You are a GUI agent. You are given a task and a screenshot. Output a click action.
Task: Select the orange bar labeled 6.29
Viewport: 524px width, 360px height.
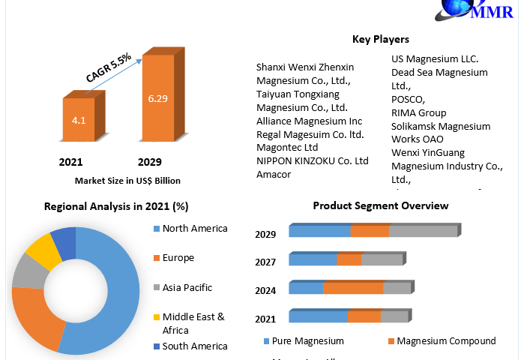tap(159, 99)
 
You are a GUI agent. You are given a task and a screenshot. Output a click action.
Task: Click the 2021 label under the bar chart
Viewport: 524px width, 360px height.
tap(70, 162)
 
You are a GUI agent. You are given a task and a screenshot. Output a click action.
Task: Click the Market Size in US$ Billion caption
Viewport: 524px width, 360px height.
tap(127, 181)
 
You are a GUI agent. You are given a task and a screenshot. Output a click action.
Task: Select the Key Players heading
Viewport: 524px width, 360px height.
tap(381, 39)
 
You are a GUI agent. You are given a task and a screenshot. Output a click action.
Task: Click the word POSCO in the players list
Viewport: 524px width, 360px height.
tap(408, 100)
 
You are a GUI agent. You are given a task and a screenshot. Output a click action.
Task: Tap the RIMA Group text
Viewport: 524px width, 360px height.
tap(418, 113)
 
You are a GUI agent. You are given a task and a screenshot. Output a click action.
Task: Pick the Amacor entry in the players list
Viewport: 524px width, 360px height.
tap(274, 175)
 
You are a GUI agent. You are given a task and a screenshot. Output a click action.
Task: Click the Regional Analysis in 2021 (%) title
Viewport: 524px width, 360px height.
tap(115, 206)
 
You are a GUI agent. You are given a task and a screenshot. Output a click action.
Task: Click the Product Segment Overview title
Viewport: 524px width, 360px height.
tap(380, 205)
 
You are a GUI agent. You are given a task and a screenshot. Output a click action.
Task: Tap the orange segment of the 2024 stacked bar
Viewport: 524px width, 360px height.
tap(353, 288)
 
